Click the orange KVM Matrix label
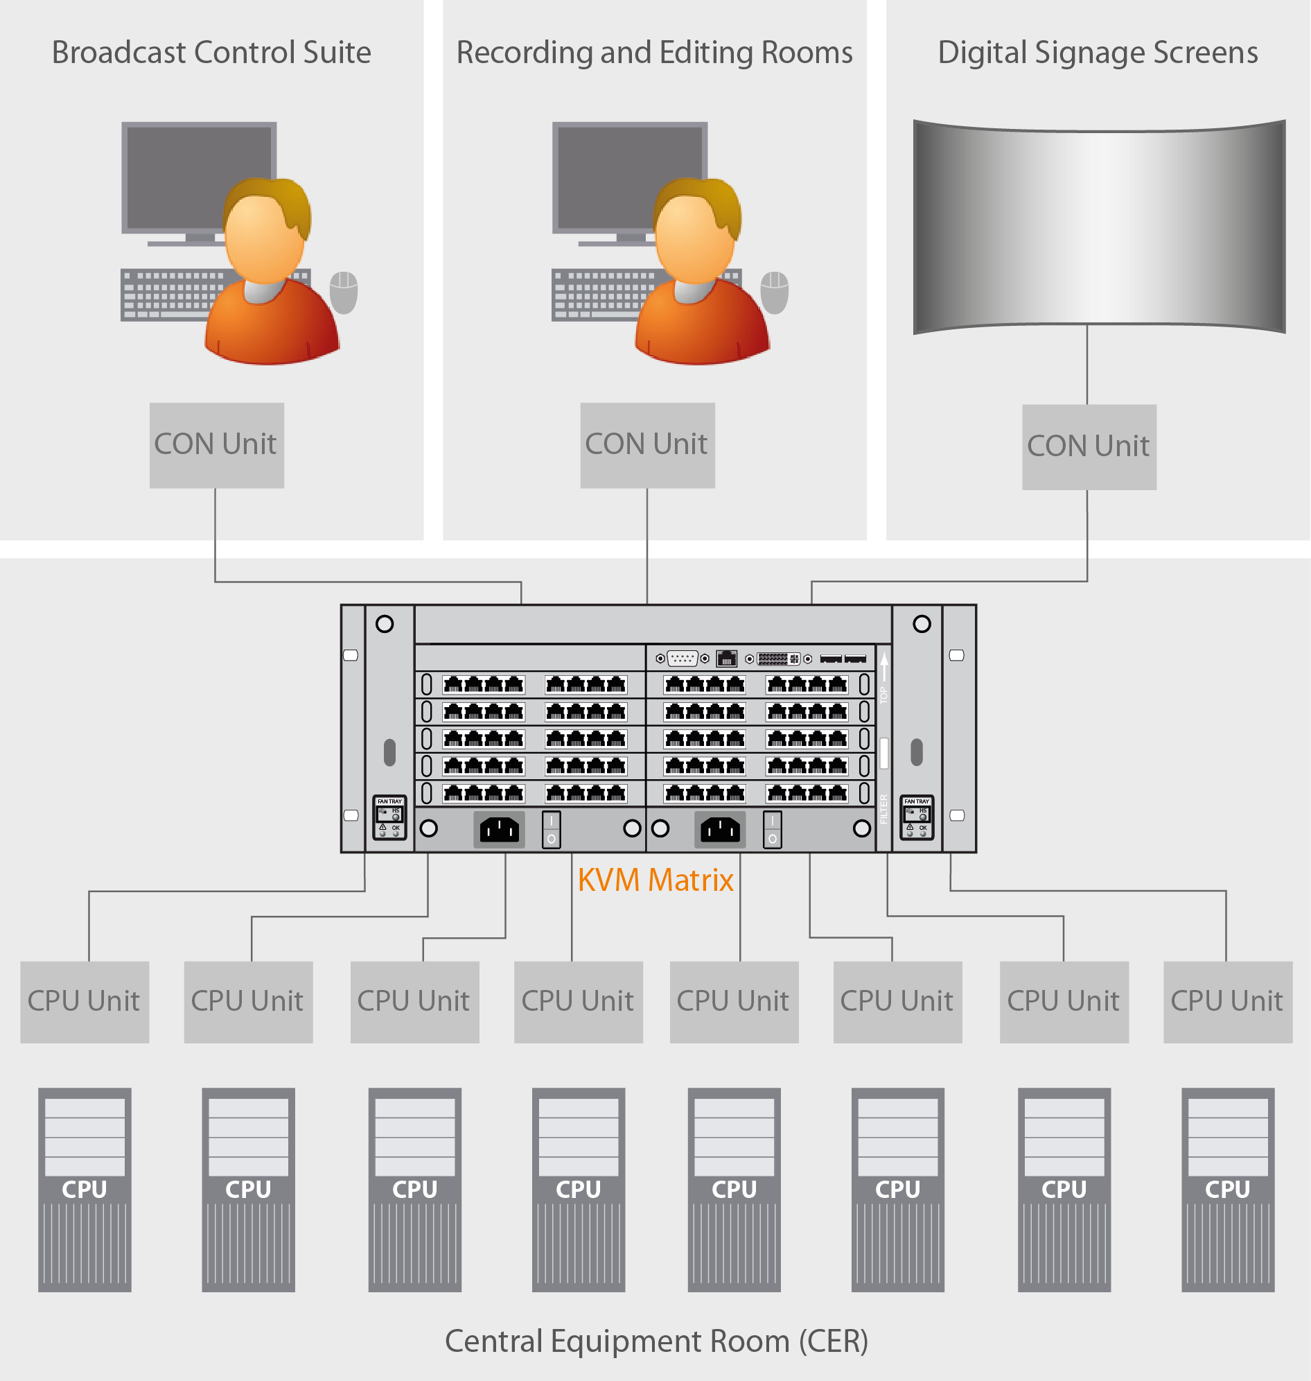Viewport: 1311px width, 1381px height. tap(655, 880)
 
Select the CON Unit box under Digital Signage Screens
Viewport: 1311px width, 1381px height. tap(1089, 446)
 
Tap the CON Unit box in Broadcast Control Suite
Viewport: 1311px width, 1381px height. tap(217, 444)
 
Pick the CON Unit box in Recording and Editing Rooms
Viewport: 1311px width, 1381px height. tap(647, 444)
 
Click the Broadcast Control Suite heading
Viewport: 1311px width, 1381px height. tap(211, 53)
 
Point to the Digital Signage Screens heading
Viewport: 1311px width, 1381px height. tap(1097, 53)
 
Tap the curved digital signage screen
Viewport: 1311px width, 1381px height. tap(1098, 225)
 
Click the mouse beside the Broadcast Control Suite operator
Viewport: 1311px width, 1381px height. tap(344, 292)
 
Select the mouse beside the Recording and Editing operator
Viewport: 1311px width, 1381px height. tap(774, 292)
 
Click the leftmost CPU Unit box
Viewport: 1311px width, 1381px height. tap(85, 1001)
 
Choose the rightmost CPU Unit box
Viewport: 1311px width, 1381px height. tap(1227, 1001)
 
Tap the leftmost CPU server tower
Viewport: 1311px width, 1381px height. tap(85, 1189)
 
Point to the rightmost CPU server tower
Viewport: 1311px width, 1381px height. tap(1227, 1189)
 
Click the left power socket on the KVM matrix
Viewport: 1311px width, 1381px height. tap(499, 830)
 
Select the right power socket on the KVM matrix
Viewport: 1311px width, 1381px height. tap(720, 830)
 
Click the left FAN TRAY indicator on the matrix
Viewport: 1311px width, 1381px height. tap(389, 817)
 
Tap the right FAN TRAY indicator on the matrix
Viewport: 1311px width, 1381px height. tap(916, 817)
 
